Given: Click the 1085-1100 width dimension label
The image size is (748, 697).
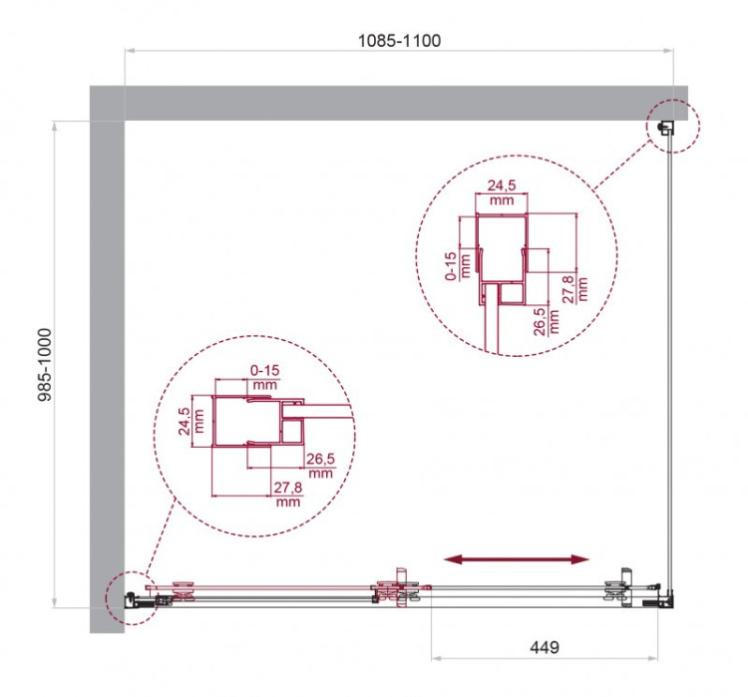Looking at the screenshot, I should pos(399,41).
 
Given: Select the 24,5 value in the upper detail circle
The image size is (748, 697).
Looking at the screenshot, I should pos(500,185).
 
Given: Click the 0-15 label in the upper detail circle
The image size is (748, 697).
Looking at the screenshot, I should pos(451,266).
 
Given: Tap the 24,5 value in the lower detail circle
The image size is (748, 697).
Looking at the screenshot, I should pos(183,422).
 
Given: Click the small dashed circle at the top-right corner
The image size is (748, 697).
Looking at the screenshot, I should pos(675,127).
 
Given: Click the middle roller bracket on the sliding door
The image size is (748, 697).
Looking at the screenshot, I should pos(398,588).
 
